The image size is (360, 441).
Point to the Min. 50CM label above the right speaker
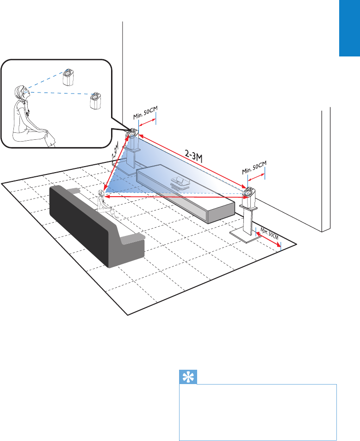point(254,167)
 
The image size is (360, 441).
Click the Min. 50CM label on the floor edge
point(269,232)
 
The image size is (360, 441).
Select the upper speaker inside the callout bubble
point(69,78)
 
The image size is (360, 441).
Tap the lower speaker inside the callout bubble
point(96,100)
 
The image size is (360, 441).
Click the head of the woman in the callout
point(20,91)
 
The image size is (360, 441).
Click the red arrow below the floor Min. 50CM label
point(268,240)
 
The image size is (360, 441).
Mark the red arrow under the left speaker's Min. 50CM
point(148,124)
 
